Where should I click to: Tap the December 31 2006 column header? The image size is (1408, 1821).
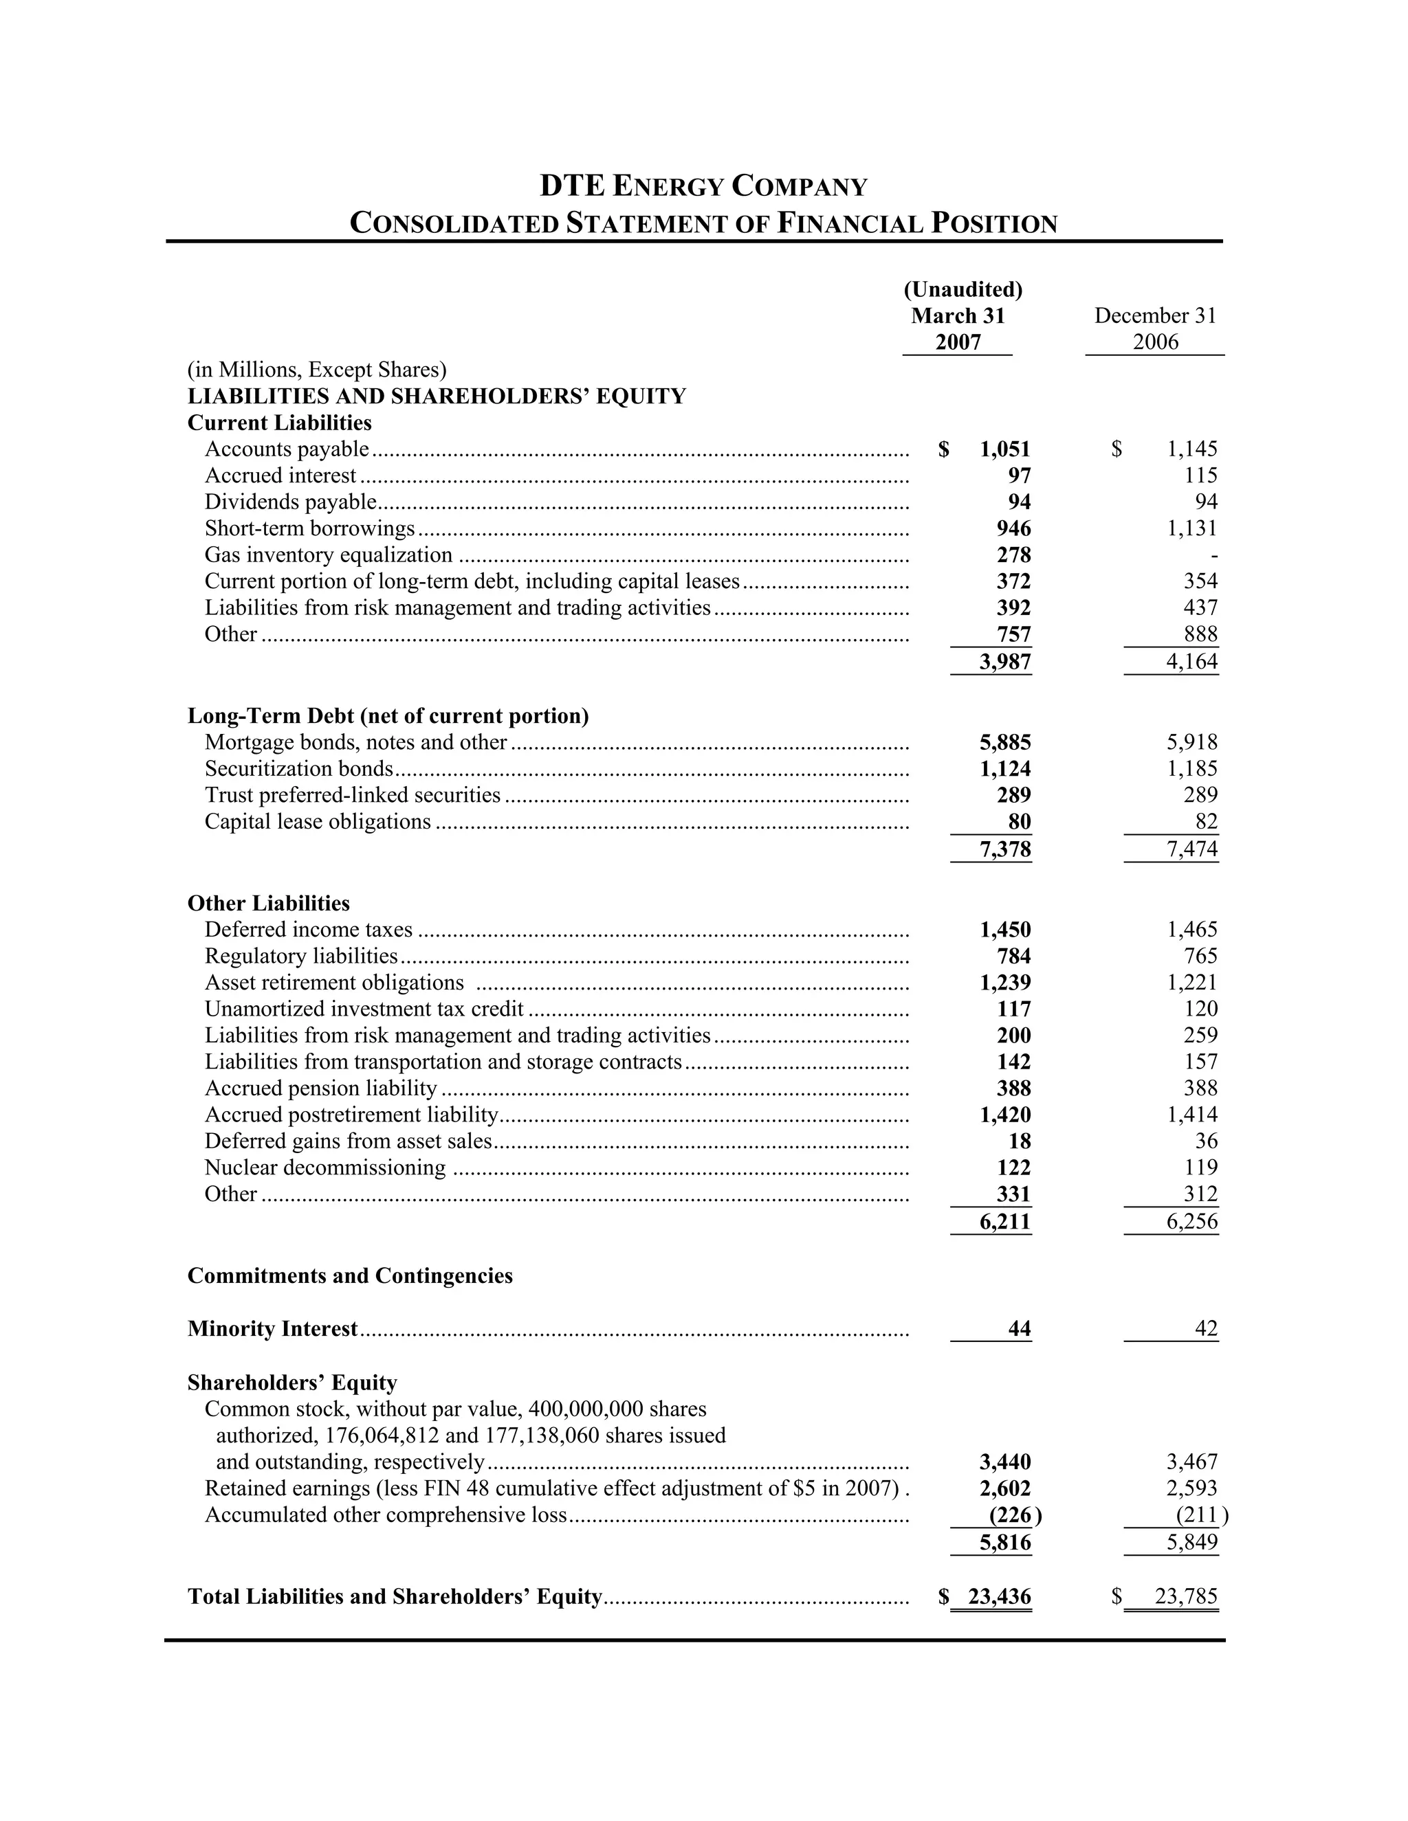click(x=1154, y=328)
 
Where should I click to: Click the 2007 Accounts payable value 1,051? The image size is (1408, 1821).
click(x=1005, y=449)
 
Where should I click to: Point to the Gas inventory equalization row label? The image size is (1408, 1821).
click(x=329, y=555)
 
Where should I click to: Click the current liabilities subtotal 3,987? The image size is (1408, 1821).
click(x=1005, y=662)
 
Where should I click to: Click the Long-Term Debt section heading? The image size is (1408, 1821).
click(x=388, y=716)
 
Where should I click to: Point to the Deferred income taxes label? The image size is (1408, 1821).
click(x=309, y=930)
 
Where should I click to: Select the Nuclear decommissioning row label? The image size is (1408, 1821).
click(x=325, y=1168)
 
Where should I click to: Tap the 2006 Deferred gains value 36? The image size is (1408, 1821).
click(x=1206, y=1141)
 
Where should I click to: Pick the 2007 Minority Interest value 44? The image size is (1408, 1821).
click(x=1020, y=1329)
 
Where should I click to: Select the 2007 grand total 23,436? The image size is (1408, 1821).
click(x=999, y=1597)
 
